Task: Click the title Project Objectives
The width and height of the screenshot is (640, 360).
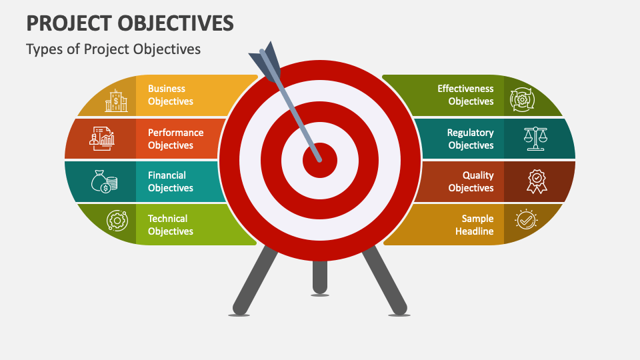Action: (x=130, y=23)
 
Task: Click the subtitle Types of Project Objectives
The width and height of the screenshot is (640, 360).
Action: (x=113, y=49)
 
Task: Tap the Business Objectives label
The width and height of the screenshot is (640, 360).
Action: (x=171, y=95)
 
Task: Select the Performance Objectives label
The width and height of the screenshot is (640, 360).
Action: (x=175, y=139)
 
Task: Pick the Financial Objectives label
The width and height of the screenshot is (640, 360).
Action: (x=170, y=181)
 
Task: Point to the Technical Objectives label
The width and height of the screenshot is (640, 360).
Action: (x=170, y=225)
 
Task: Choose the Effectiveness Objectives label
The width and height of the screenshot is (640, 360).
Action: (x=465, y=95)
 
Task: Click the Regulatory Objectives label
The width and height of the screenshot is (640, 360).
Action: (x=470, y=139)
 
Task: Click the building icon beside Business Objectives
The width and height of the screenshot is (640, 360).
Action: (x=116, y=100)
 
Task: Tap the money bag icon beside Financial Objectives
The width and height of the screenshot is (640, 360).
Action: (x=105, y=181)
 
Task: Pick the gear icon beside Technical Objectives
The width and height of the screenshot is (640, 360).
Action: (x=116, y=220)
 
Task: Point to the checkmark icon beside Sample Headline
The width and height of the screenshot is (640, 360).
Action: (x=525, y=220)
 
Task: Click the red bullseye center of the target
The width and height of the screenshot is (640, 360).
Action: (x=319, y=161)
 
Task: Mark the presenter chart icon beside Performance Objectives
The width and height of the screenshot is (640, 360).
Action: (x=102, y=138)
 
